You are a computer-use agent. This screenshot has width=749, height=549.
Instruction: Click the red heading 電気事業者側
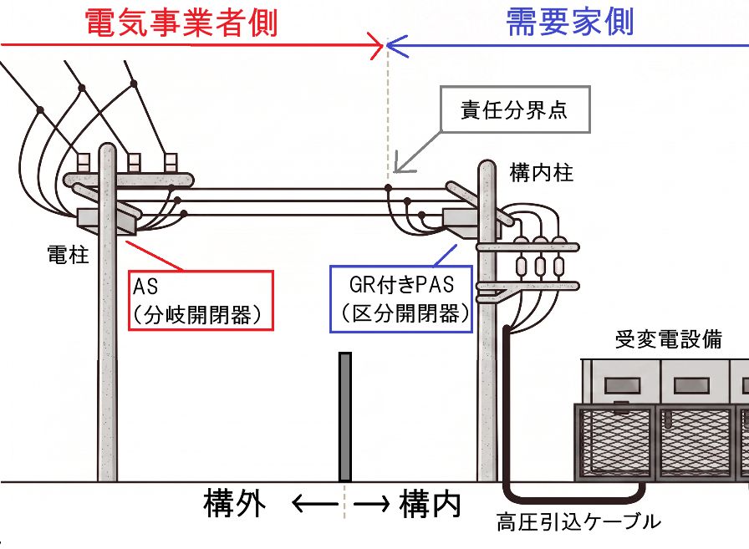[x=181, y=23]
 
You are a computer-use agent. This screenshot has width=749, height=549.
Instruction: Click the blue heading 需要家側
[x=569, y=22]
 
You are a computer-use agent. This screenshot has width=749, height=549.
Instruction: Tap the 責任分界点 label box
[x=515, y=109]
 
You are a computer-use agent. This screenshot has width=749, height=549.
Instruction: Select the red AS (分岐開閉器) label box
[x=201, y=300]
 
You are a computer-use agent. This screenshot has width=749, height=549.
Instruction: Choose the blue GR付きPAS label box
[x=401, y=299]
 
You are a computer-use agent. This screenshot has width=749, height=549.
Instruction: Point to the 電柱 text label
[x=68, y=255]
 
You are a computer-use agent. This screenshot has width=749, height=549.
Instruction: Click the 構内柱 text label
[x=541, y=172]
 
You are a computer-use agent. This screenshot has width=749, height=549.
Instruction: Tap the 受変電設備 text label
[x=668, y=339]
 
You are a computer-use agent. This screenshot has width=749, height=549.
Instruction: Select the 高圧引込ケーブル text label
[x=578, y=521]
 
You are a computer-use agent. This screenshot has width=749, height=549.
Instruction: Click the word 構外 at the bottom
[x=234, y=503]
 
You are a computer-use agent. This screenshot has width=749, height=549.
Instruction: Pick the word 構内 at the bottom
[x=431, y=503]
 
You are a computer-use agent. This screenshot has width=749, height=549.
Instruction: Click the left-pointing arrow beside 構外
[x=314, y=504]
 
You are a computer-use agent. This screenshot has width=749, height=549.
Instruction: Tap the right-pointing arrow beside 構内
[x=371, y=504]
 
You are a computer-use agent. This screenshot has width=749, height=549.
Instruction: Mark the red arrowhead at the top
[x=376, y=46]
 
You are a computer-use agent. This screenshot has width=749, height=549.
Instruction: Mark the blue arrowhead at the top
[x=396, y=46]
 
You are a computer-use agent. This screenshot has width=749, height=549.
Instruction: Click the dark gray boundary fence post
[x=345, y=417]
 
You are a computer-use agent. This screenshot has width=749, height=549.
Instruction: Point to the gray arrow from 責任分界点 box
[x=416, y=151]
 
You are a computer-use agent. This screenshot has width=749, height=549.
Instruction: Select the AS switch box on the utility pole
[x=107, y=221]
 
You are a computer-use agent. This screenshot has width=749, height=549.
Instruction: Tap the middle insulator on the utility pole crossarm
[x=134, y=162]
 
